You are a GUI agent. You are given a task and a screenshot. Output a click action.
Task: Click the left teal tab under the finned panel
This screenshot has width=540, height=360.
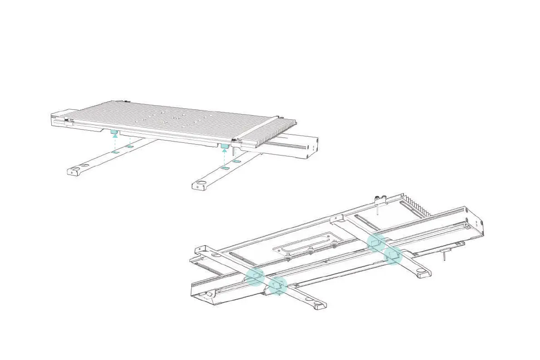pos(115,132)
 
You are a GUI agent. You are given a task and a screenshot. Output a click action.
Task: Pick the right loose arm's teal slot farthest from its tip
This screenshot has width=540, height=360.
pos(236,161)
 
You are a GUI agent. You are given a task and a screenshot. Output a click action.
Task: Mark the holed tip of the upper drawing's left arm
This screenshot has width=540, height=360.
pos(75,171)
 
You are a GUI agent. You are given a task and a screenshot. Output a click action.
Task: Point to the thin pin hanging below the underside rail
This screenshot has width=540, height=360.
pos(445,257)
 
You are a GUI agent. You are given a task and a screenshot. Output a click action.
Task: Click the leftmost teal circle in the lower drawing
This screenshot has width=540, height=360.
pos(255,276)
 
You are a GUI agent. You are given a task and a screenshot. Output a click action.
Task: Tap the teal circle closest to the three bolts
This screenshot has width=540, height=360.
pos(376,243)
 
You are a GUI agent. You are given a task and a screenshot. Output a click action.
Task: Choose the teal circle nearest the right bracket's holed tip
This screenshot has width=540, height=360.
pos(393,255)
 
